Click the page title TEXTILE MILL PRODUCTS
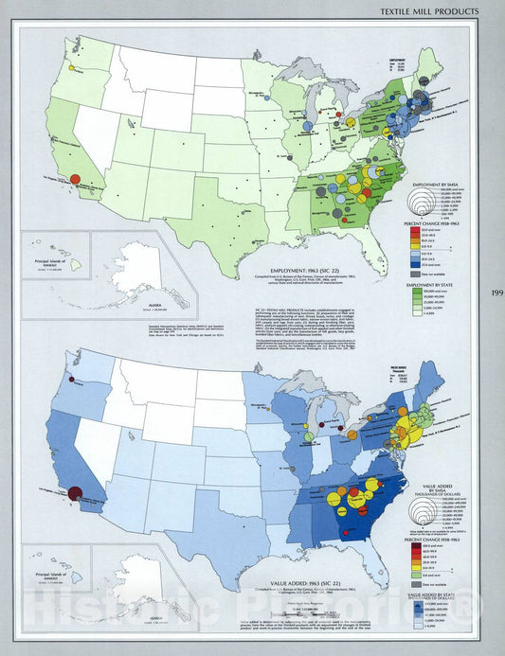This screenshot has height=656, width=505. (x=442, y=10)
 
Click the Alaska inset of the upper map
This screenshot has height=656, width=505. (x=133, y=275)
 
